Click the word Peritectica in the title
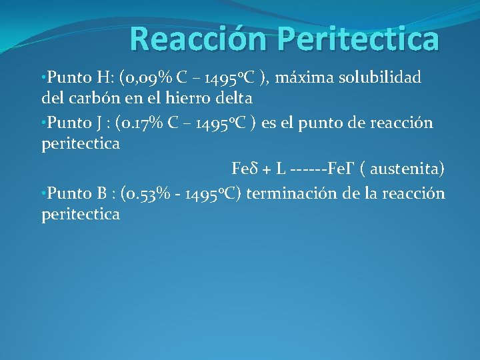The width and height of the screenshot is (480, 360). click(x=359, y=39)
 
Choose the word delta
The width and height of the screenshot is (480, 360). click(x=232, y=99)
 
